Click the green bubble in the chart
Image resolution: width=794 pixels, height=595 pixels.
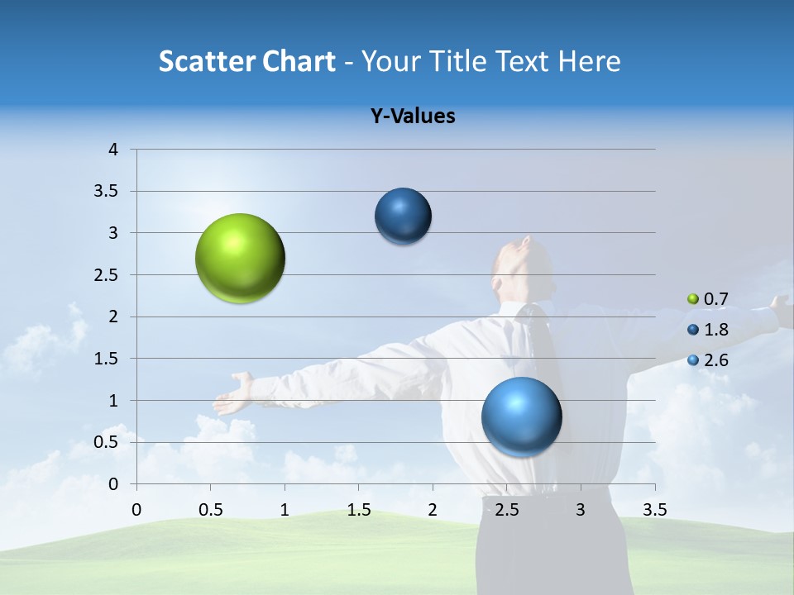(x=241, y=259)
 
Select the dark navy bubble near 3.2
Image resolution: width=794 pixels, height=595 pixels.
(x=403, y=217)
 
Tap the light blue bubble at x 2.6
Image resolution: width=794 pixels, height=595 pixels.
(x=521, y=416)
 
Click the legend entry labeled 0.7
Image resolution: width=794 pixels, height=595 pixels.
(x=706, y=299)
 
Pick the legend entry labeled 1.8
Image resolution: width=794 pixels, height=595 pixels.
(x=706, y=330)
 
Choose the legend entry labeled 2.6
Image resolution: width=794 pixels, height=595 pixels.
(x=706, y=360)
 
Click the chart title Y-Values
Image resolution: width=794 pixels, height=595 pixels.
(x=412, y=117)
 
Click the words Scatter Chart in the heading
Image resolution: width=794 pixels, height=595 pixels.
(x=246, y=61)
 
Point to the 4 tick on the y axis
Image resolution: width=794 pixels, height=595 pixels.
(x=113, y=150)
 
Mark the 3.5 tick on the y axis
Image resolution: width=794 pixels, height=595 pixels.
(x=107, y=192)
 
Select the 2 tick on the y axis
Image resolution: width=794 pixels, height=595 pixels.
(x=113, y=317)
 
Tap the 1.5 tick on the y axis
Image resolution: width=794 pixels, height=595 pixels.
(x=107, y=359)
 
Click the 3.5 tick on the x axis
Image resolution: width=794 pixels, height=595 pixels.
(x=654, y=510)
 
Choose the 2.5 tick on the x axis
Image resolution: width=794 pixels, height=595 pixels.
(x=506, y=510)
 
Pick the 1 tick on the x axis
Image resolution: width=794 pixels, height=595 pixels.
(x=285, y=510)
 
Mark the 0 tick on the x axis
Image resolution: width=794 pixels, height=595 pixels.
(x=136, y=510)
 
